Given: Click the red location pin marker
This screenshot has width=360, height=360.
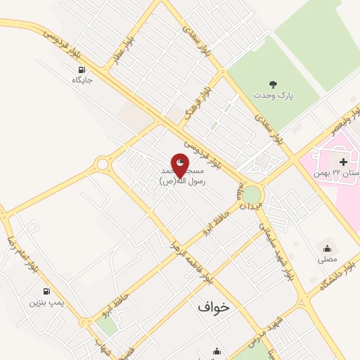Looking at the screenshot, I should point(180,165).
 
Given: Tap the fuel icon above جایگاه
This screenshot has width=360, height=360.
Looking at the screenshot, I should point(82,70).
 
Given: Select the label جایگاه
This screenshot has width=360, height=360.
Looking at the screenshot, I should point(82,80).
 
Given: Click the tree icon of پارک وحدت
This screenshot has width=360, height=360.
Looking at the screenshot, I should point(274,84).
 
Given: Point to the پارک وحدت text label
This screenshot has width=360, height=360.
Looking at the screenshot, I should point(273,94).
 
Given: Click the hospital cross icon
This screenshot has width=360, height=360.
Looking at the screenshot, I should point(343,162).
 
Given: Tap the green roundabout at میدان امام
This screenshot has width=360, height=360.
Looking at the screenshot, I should point(251,193).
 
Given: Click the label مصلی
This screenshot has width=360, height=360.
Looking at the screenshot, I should point(327,258).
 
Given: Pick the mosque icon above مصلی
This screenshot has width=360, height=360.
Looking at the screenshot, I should point(327,247).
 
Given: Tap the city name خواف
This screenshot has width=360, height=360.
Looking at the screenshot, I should point(214,307).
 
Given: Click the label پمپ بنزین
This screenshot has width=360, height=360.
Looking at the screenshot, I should point(46,302).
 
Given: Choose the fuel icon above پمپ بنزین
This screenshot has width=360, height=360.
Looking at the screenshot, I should point(46,291).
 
